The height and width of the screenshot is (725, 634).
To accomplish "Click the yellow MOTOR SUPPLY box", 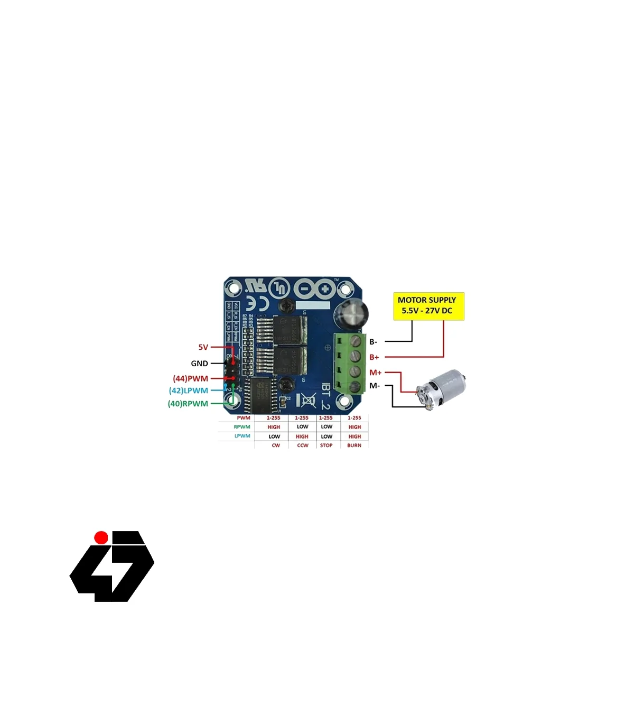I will tap(428, 306).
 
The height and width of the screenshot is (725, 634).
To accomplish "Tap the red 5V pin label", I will tap(203, 347).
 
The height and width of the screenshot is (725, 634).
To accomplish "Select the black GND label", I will tap(199, 364).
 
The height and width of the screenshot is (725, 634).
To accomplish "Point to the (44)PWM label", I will tap(190, 378).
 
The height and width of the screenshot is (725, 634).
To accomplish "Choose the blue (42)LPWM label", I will tap(188, 391).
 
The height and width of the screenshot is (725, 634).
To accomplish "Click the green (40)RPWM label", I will tap(188, 404).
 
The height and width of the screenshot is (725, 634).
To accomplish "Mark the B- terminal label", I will tap(373, 342).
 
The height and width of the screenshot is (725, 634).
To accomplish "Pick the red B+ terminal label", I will tap(374, 357).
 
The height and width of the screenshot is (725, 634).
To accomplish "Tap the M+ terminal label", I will tap(375, 373).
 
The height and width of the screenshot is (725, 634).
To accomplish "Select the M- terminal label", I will tap(374, 386).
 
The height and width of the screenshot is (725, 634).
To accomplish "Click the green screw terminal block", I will tap(350, 364).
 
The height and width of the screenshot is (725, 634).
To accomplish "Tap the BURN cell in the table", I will tap(354, 445).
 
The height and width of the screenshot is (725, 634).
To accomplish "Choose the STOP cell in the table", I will tap(327, 445).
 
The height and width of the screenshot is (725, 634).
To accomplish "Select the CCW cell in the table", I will tap(302, 445).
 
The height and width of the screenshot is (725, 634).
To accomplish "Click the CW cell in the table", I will tap(276, 445).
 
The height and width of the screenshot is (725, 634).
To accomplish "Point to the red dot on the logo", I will tap(101, 537).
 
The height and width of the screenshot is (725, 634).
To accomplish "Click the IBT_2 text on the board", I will tap(325, 396).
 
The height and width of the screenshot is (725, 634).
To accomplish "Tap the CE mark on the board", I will tap(262, 303).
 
